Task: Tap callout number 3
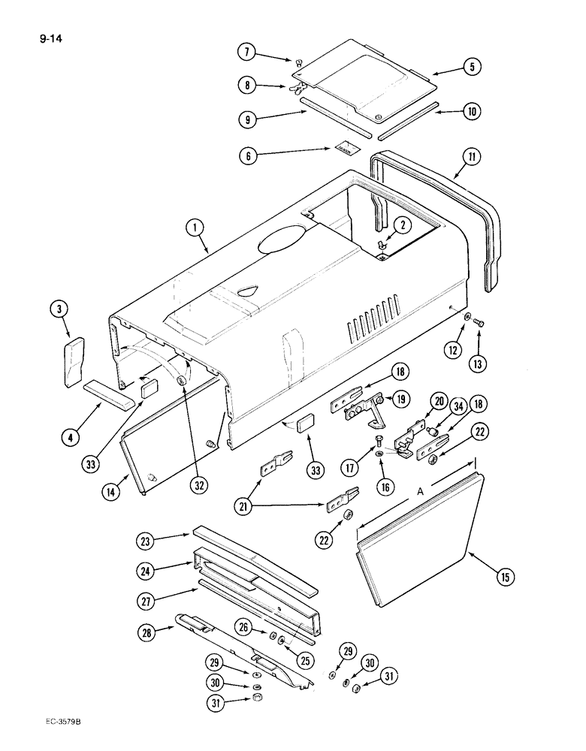click(x=59, y=309)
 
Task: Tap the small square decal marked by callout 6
click(x=344, y=148)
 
